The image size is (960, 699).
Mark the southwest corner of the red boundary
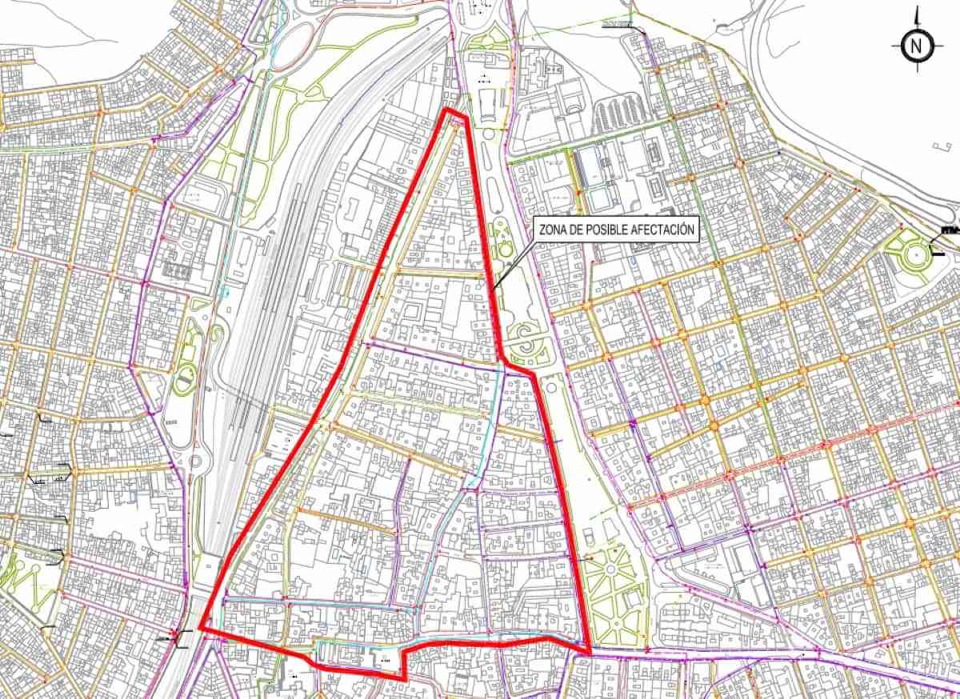(200, 629)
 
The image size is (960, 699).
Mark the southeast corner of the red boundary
(590, 652)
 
